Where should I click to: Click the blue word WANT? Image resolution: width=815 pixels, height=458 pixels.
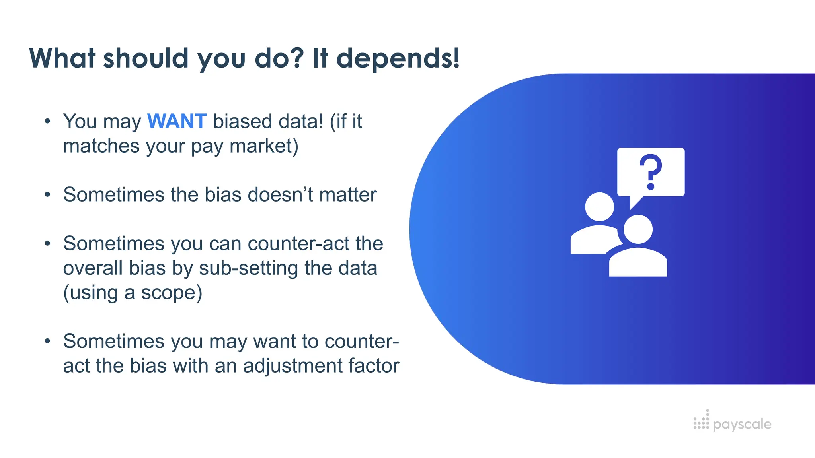[x=177, y=121]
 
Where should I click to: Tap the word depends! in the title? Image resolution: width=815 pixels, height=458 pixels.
[x=398, y=58]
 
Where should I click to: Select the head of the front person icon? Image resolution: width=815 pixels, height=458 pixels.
[x=638, y=229]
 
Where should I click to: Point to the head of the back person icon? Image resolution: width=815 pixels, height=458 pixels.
[x=599, y=207]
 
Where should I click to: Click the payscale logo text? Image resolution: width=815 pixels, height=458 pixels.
[x=742, y=424]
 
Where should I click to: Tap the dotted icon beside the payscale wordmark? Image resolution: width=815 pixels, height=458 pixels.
[x=701, y=421]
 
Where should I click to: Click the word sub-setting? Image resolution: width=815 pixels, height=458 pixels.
[x=248, y=268]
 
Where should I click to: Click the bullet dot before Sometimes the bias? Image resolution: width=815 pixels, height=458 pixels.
[x=48, y=195]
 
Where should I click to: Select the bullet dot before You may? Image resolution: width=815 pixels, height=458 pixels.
[x=48, y=121]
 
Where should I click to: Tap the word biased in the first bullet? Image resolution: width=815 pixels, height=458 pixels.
[x=243, y=121]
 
